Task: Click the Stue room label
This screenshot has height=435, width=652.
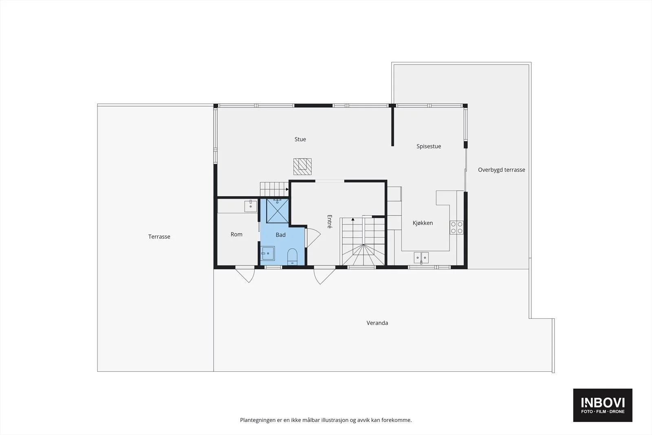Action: coord(300,139)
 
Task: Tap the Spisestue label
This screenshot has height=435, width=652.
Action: coord(428,146)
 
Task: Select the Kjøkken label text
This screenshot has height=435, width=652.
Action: coord(423,223)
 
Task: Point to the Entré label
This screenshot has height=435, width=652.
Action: coord(330,221)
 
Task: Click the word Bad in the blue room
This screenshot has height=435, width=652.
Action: coord(281,235)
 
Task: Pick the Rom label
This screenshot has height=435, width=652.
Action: coord(236,234)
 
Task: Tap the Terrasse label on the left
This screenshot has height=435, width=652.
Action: coord(159,237)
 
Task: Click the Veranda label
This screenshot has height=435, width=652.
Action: coord(377,323)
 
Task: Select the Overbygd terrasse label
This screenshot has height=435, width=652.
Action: coord(502,170)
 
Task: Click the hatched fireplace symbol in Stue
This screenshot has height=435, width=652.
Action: coord(302,167)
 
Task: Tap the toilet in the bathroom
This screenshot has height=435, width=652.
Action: coord(292,256)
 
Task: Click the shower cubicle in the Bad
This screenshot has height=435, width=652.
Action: coord(278,211)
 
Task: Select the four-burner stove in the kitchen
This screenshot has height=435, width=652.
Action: coord(456,227)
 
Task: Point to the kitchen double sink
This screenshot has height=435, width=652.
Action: coord(421,258)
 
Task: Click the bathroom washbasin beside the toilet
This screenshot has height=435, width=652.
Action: coord(267,253)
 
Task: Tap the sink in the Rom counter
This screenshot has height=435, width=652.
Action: coord(250,206)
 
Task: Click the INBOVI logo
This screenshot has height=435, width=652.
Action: coord(603,405)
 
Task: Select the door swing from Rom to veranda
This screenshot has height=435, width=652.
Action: coord(245,274)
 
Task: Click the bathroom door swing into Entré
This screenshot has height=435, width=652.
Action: coord(313,238)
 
